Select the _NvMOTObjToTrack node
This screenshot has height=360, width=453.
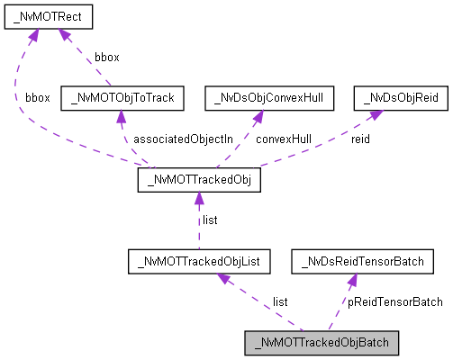click(122, 96)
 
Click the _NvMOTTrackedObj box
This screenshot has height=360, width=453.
click(198, 181)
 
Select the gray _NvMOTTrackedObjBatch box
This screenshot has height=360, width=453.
click(321, 343)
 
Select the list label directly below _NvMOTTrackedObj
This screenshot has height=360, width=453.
click(209, 220)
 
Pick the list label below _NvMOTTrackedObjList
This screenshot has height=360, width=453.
click(280, 301)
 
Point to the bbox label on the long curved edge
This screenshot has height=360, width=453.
click(38, 96)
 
